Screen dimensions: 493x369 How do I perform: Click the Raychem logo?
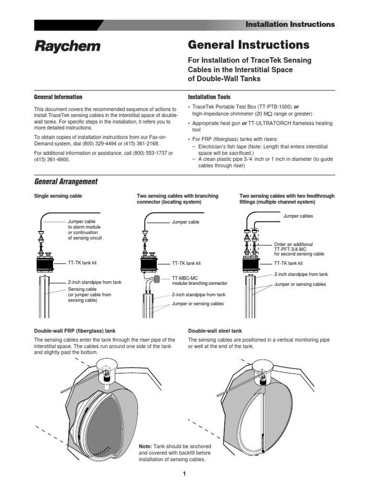(x=67, y=46)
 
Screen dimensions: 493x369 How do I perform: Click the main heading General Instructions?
(x=248, y=45)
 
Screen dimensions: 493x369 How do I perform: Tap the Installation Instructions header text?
(x=290, y=24)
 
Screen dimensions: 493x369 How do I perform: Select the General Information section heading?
(x=58, y=97)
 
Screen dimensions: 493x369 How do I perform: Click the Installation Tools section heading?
(x=209, y=97)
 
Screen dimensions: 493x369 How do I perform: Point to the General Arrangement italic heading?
(x=66, y=182)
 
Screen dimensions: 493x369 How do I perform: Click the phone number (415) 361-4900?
(x=52, y=159)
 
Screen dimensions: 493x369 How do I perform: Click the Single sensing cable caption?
(x=58, y=196)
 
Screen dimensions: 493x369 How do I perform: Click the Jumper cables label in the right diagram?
(x=298, y=216)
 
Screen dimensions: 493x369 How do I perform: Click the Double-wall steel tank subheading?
(x=215, y=331)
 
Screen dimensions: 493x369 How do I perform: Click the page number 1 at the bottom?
(x=184, y=474)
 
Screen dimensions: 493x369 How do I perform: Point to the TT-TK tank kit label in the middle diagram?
(x=186, y=264)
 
